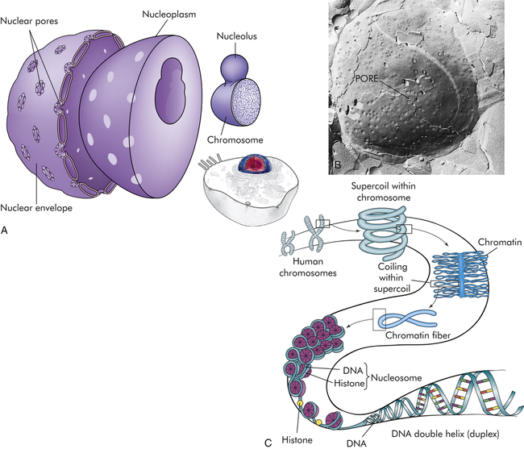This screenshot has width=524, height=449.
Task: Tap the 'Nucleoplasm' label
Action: tap(169, 14)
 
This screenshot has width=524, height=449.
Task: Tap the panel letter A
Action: tap(6, 231)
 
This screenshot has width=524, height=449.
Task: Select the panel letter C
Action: tap(268, 440)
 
